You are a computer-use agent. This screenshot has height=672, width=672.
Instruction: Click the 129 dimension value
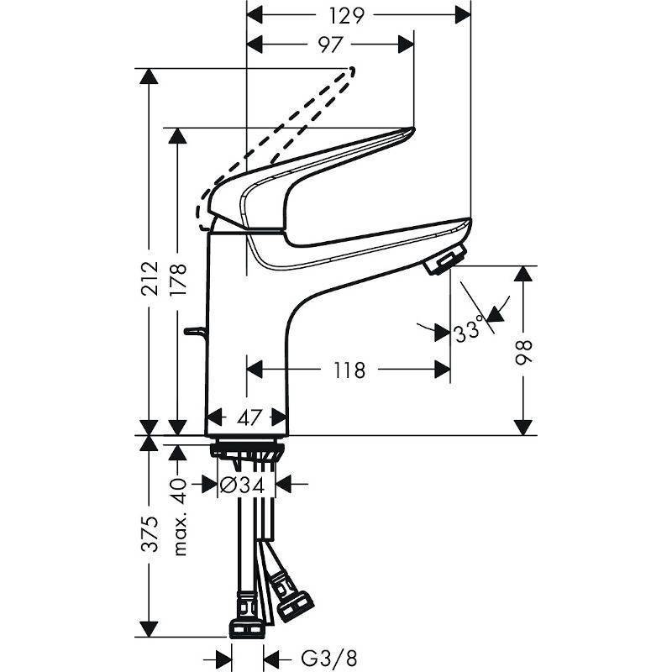[x=346, y=15]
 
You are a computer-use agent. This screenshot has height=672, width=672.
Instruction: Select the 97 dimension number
[x=330, y=45]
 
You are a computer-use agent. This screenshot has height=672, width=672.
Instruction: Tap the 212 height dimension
[x=150, y=278]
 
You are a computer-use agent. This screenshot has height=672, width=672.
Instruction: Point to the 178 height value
[x=178, y=279]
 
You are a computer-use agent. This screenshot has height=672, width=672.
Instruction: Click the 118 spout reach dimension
[x=349, y=370]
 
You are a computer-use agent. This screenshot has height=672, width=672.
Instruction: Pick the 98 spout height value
[x=523, y=353]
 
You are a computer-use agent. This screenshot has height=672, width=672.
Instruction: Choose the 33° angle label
[x=469, y=331]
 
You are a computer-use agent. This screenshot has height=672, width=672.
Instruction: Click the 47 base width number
[x=249, y=417]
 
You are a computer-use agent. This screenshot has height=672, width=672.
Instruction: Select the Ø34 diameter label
[x=242, y=486]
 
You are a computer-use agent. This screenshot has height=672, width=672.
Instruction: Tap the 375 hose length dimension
[x=150, y=533]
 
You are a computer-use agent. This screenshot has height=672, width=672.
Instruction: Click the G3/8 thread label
[x=329, y=658]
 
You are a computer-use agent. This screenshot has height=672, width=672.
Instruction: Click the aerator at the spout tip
[x=445, y=260]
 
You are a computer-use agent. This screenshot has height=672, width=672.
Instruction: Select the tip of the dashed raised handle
[x=352, y=71]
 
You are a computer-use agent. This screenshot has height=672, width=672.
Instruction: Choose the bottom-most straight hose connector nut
[x=246, y=628]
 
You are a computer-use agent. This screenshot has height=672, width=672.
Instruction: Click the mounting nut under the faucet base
[x=247, y=451]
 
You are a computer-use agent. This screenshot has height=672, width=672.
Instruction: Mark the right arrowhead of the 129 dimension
[x=464, y=15]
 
